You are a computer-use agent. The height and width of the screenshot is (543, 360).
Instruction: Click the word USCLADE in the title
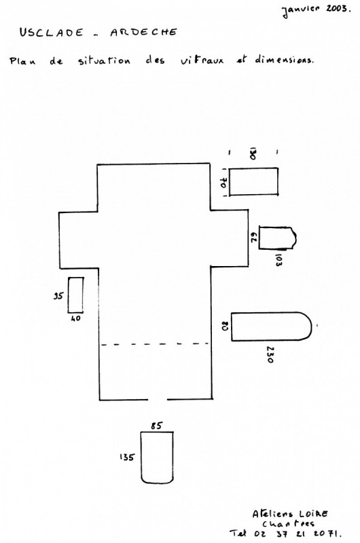click(x=51, y=33)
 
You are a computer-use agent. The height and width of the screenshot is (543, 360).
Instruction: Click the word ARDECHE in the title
click(x=143, y=32)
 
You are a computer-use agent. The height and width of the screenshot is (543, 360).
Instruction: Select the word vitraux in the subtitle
click(x=202, y=60)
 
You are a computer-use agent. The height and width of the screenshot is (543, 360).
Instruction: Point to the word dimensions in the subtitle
click(x=284, y=59)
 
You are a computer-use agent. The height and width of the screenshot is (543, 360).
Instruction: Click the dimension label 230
click(x=270, y=354)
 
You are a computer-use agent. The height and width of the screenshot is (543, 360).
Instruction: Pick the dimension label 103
click(x=278, y=260)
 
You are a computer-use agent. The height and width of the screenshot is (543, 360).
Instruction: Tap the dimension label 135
click(x=127, y=457)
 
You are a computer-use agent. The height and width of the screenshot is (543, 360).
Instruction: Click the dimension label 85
click(x=156, y=426)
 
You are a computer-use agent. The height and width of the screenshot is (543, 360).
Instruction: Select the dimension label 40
click(x=75, y=318)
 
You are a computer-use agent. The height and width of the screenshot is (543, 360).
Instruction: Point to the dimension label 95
click(x=58, y=296)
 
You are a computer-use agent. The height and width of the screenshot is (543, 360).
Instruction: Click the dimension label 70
click(x=223, y=183)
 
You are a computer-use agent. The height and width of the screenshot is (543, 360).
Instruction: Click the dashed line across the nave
click(x=155, y=344)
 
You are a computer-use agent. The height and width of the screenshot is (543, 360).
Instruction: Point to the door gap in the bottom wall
click(x=158, y=400)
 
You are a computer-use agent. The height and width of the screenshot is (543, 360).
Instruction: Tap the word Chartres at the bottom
click(x=288, y=523)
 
